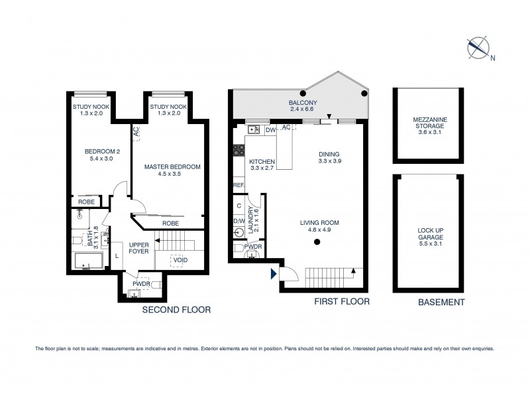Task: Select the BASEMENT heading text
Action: (x=441, y=302)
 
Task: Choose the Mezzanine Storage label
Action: (x=426, y=125)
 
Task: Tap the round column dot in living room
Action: (x=317, y=242)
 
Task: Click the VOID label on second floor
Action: (x=180, y=259)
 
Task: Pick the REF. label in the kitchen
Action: (x=238, y=185)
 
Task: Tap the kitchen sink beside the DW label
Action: (x=254, y=130)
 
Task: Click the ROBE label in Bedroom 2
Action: (x=86, y=201)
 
